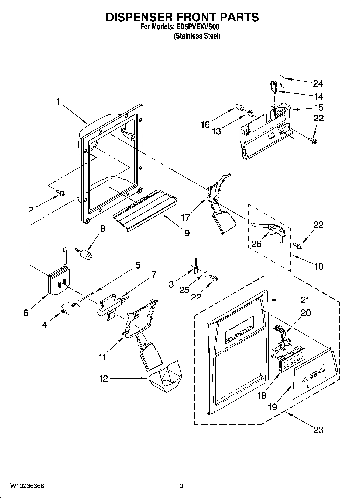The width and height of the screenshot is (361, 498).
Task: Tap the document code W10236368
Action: [27, 486]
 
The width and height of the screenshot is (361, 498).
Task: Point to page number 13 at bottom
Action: [180, 486]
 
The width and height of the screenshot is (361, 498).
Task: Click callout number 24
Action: [318, 84]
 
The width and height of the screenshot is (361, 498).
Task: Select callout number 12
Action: [103, 379]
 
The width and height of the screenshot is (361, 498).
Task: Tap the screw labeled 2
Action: [61, 193]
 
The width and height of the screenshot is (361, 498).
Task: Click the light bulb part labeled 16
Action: [238, 107]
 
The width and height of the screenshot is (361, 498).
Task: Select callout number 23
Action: [318, 430]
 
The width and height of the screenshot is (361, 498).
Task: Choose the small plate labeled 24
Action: [282, 81]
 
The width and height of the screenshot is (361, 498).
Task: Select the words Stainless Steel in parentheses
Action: [197, 36]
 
